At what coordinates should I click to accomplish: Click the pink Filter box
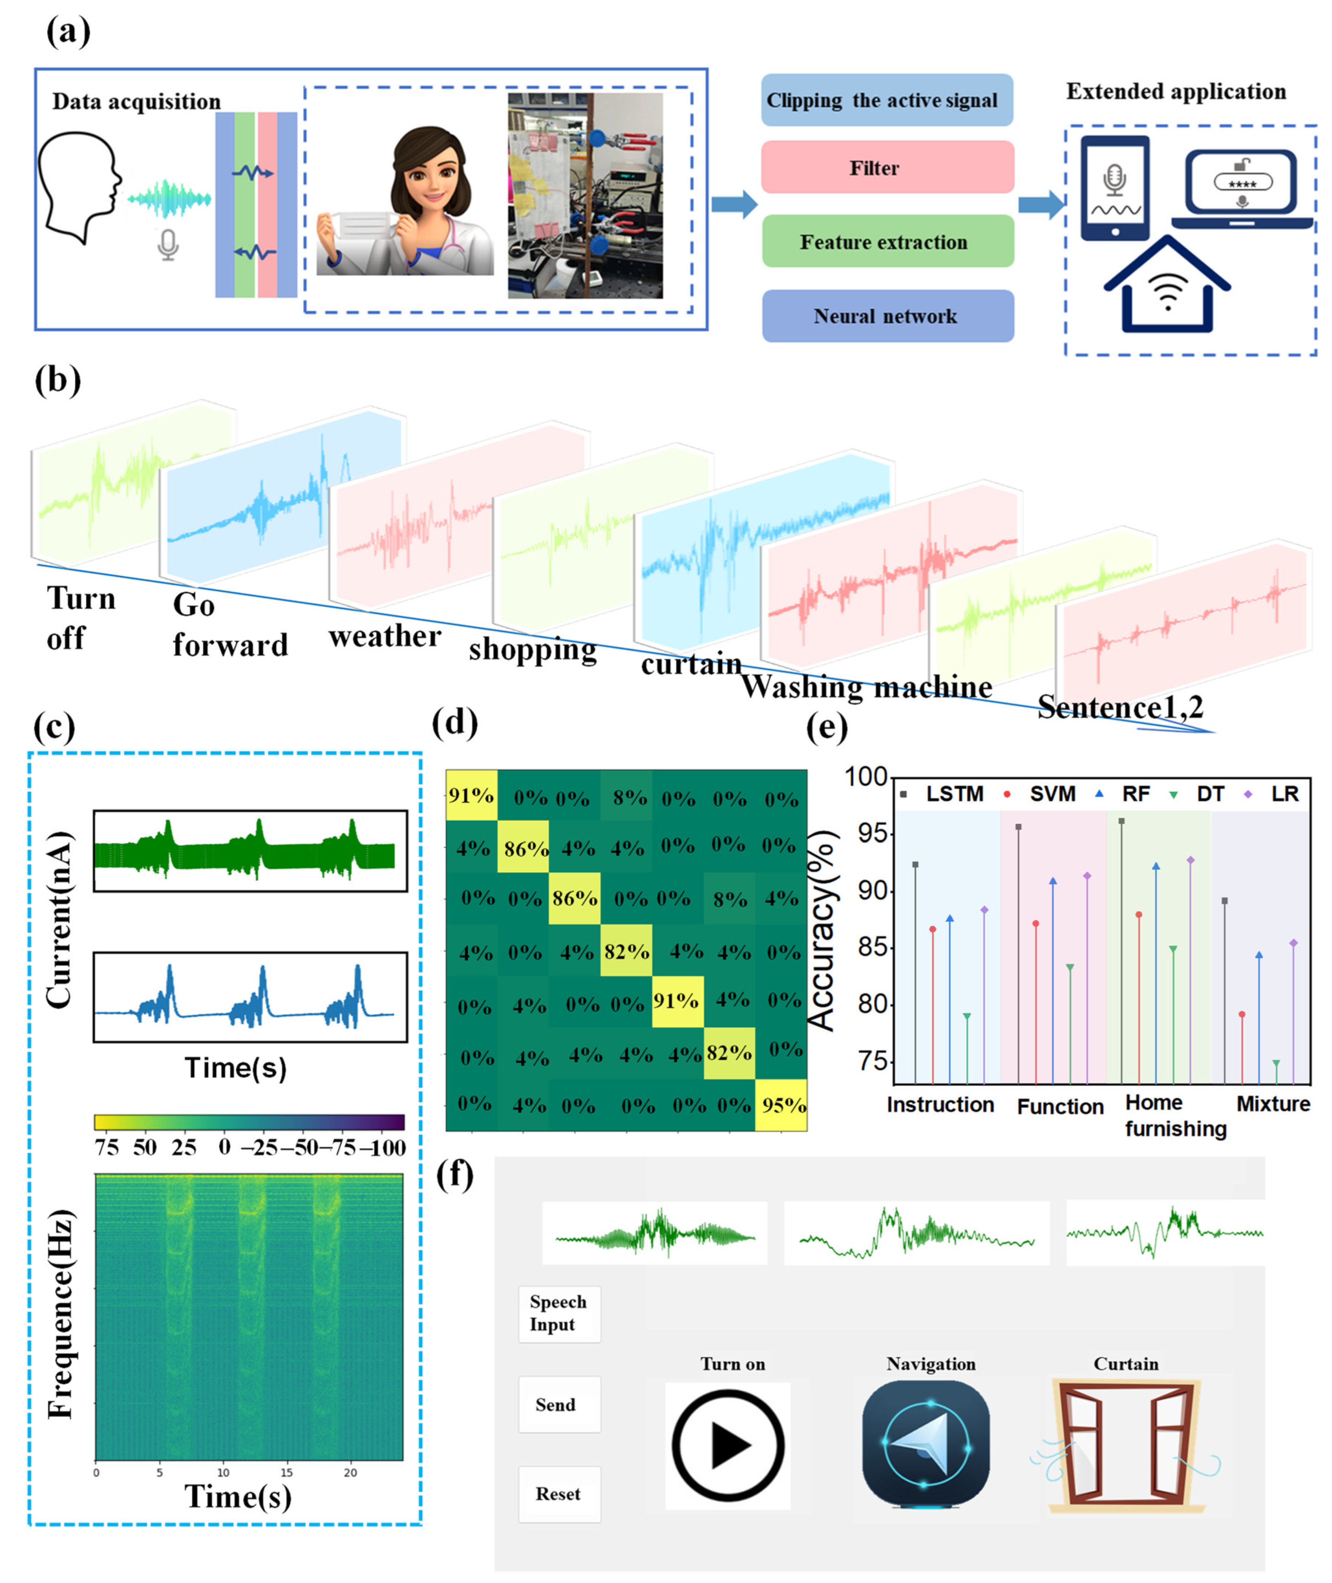pyautogui.click(x=887, y=167)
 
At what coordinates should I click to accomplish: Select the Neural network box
pyautogui.click(x=887, y=316)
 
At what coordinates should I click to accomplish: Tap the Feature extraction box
pyautogui.click(x=887, y=242)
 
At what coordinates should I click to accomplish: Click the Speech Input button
pyautogui.click(x=559, y=1313)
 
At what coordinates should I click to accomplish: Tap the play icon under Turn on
pyautogui.click(x=728, y=1445)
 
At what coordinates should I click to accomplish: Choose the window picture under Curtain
pyautogui.click(x=1125, y=1445)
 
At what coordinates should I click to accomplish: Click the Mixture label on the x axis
pyautogui.click(x=1273, y=1104)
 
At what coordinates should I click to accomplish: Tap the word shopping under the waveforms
pyautogui.click(x=532, y=649)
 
